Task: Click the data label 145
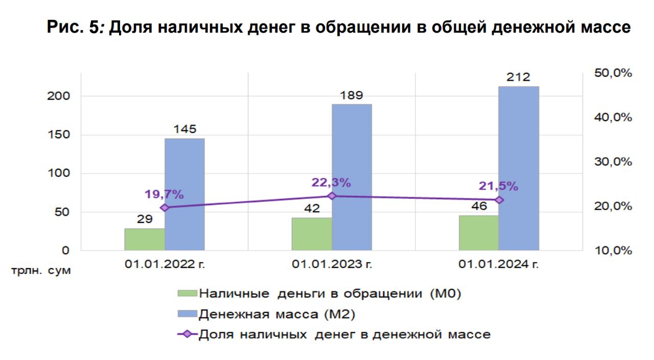[184, 129]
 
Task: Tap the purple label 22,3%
[332, 182]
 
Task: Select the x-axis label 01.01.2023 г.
[332, 264]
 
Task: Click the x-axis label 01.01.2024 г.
[499, 264]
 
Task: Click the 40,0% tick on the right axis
[613, 117]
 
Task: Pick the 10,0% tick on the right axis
[613, 251]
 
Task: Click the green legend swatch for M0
[187, 294]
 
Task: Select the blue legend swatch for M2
[187, 314]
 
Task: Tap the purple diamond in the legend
[187, 334]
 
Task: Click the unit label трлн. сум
[41, 270]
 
